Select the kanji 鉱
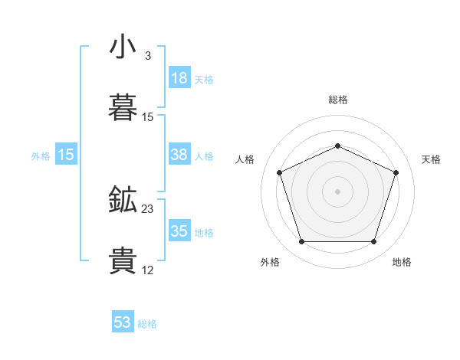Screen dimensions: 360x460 tap(123, 200)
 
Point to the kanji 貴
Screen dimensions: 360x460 tap(123, 260)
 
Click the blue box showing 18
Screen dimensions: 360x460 tap(179, 78)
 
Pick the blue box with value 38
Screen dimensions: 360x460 tap(179, 155)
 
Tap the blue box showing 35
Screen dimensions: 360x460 tap(179, 231)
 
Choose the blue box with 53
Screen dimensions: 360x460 tap(123, 322)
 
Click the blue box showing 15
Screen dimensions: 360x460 tap(66, 155)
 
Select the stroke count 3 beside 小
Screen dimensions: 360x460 tap(148, 56)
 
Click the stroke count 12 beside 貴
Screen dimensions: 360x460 tap(148, 270)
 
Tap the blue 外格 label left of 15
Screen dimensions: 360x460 tap(41, 156)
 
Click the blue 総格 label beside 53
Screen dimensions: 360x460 tap(147, 324)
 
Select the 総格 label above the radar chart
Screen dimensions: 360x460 tap(338, 100)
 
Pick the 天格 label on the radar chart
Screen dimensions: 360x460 tap(432, 159)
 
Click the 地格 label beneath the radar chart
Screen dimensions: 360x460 tap(402, 262)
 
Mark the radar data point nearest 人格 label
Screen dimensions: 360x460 tap(280, 172)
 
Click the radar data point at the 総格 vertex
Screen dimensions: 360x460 tap(338, 146)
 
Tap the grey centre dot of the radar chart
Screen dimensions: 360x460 tap(338, 191)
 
